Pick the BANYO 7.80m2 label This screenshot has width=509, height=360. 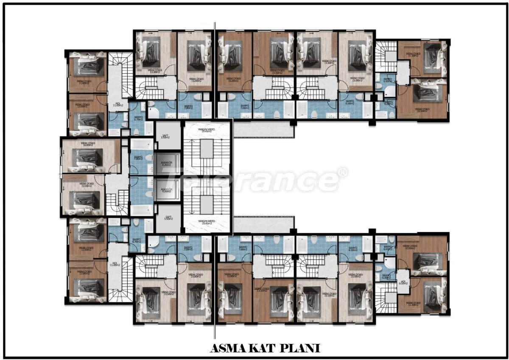point(138,158)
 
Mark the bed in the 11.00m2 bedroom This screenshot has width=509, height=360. point(88,65)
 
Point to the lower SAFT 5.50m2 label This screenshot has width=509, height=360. point(165,218)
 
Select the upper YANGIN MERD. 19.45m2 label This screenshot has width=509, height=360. point(207,130)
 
